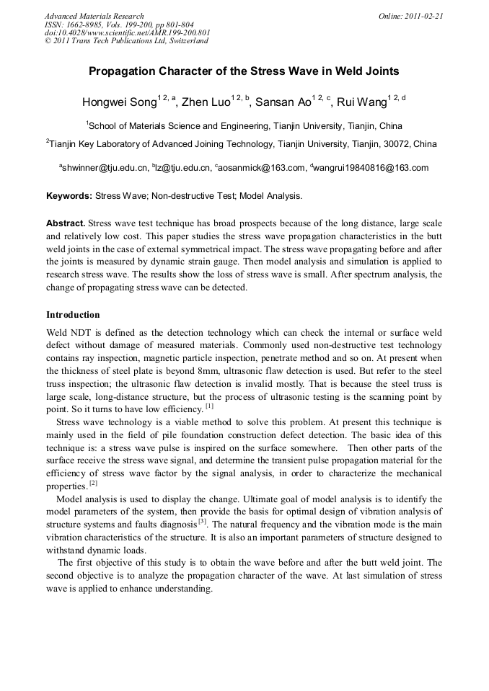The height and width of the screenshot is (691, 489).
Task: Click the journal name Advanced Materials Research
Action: coord(94,16)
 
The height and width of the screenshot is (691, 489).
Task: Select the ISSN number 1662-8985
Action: coord(90,24)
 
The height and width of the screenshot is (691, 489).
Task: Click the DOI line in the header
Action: coord(127,32)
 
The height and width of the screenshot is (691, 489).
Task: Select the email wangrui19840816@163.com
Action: coord(371,169)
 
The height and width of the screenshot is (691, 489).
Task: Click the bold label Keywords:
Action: coord(69,195)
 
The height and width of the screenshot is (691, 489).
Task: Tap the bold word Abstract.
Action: coord(65,223)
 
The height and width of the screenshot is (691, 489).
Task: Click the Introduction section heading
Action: coord(73,315)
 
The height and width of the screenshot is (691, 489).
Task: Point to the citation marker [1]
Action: coord(209,406)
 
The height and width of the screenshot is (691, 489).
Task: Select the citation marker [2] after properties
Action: coord(93,483)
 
